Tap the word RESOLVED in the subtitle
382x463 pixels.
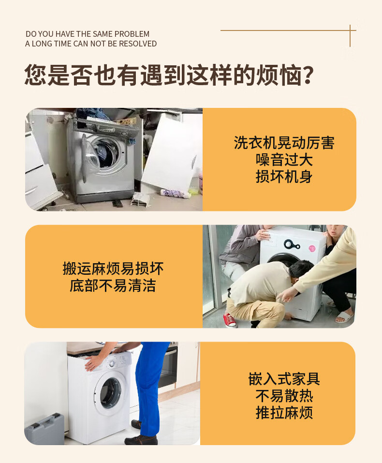click(x=137, y=44)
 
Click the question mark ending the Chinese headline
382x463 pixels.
click(x=308, y=75)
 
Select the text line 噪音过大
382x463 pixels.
click(x=284, y=160)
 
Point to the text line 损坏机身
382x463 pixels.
click(x=284, y=177)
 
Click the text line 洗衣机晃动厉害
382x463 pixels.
click(x=284, y=143)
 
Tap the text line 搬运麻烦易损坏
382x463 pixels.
click(x=113, y=269)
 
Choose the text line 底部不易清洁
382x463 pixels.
click(x=113, y=285)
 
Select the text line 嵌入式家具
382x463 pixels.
click(x=284, y=379)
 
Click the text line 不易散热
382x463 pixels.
click(x=284, y=396)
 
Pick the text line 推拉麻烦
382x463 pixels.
click(x=284, y=413)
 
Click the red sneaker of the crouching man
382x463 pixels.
click(x=230, y=320)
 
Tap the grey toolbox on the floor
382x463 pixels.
click(x=45, y=429)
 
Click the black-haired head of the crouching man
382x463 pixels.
click(x=300, y=270)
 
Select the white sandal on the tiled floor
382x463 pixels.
click(x=344, y=317)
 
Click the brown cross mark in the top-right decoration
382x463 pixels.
click(x=350, y=30)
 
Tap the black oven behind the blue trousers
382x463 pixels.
click(x=167, y=367)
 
